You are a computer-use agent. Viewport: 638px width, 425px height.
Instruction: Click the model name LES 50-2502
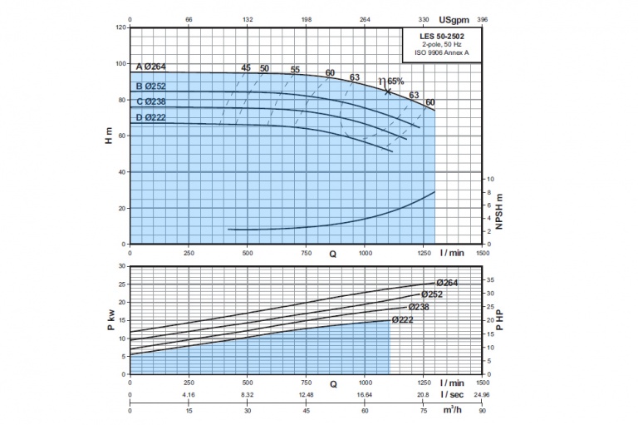click(x=441, y=37)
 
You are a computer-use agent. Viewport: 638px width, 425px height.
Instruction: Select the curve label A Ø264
click(x=152, y=67)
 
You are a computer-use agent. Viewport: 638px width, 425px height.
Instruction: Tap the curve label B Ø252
click(x=152, y=86)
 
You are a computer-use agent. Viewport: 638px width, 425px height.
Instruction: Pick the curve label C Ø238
click(x=152, y=101)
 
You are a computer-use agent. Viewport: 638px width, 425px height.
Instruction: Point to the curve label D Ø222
click(x=152, y=117)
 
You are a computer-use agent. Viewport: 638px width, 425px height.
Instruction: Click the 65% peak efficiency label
click(x=393, y=81)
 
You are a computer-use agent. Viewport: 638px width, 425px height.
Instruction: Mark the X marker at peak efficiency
click(x=387, y=91)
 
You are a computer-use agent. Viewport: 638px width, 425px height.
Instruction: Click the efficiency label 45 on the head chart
click(x=246, y=67)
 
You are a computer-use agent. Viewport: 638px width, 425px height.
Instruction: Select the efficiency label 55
click(x=295, y=69)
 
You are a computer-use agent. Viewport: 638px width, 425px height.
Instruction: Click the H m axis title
click(x=108, y=137)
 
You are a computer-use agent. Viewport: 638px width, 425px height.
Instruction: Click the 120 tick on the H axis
click(x=120, y=27)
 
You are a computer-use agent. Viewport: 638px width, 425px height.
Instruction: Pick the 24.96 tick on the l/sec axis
click(x=483, y=396)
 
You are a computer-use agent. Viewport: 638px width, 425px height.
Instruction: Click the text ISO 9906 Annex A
click(x=441, y=52)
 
